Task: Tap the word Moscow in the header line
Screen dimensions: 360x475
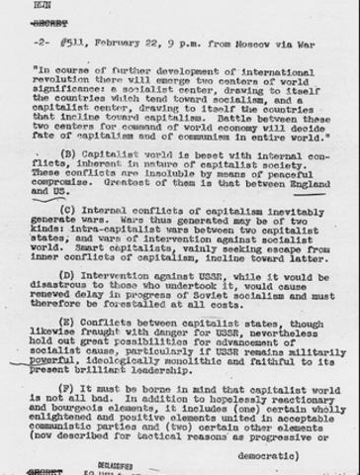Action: pos(217,45)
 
